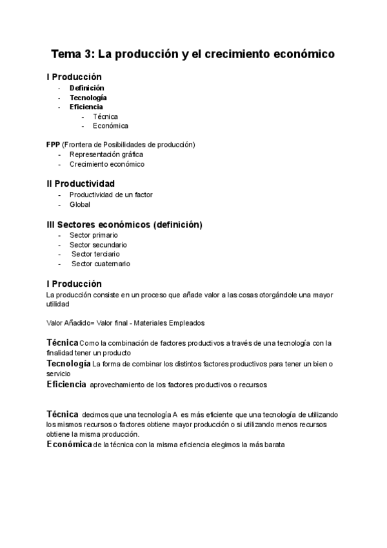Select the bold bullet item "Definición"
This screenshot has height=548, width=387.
pos(87,88)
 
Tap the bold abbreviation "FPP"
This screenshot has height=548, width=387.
pos(54,144)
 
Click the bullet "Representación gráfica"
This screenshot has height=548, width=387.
pos(106,154)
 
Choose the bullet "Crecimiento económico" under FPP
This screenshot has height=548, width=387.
pos(107,164)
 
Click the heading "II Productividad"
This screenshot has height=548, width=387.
pos(81,184)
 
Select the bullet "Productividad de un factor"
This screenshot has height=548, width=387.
pos(111,195)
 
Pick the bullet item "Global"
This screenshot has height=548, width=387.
pos(80,204)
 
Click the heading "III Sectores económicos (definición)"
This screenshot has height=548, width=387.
pos(124,224)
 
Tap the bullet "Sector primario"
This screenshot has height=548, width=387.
pos(94,235)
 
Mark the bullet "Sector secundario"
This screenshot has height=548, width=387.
pos(98,245)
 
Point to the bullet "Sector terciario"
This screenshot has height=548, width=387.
pos(95,254)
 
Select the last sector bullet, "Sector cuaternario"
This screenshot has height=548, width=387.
pos(101,264)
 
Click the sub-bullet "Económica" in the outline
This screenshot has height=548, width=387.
pos(110,126)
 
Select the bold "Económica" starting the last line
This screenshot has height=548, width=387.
pos(69,445)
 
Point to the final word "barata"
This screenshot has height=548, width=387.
pos(270,445)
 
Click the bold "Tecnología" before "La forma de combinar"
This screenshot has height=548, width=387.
pos(68,364)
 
